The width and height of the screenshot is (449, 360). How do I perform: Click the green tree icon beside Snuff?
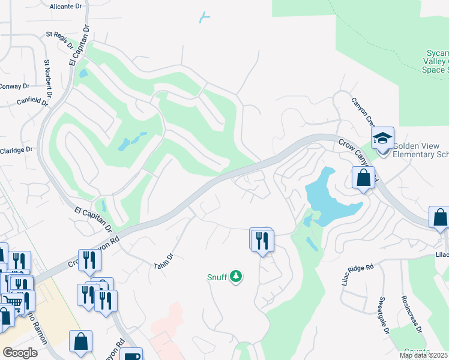tap(237, 276)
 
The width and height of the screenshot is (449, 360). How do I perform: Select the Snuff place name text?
tap(217, 277)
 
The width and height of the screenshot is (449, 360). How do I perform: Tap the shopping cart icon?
tap(11, 300)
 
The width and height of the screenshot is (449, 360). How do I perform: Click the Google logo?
tap(20, 353)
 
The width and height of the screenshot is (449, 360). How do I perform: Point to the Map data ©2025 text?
tap(424, 355)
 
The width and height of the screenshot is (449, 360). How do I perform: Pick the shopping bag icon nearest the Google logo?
tap(80, 342)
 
